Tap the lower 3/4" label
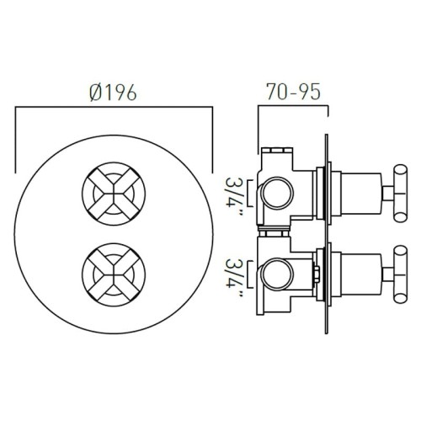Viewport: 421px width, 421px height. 235,278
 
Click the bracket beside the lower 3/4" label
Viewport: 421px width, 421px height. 251,276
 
